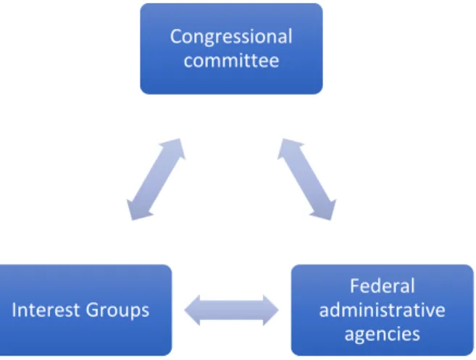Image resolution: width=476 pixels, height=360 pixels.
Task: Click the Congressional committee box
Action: [x=231, y=49]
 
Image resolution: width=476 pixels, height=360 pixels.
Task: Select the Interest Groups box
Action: [x=86, y=310]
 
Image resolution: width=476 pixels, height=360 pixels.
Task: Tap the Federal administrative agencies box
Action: [x=383, y=310]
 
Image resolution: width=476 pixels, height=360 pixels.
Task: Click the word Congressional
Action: [x=231, y=38]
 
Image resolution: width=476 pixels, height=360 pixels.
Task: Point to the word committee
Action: [x=231, y=60]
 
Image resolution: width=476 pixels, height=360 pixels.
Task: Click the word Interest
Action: [x=46, y=310]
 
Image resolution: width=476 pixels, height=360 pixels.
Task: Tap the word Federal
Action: [x=383, y=286]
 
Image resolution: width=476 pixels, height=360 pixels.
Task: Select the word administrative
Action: [x=383, y=310]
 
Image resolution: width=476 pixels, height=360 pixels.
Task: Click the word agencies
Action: [x=383, y=335]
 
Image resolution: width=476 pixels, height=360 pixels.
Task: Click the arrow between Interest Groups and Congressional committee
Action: [x=156, y=179]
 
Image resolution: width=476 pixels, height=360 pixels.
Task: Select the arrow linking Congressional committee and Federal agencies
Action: [x=306, y=179]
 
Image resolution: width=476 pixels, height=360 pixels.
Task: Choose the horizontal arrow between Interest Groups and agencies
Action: [x=231, y=310]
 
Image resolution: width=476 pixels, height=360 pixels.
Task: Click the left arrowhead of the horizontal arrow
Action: [x=192, y=310]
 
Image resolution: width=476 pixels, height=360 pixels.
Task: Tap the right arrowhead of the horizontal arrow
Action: [x=270, y=310]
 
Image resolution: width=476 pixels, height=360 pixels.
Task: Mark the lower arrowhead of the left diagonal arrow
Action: [x=137, y=211]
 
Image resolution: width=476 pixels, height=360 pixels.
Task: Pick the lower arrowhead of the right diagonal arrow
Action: [x=326, y=211]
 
